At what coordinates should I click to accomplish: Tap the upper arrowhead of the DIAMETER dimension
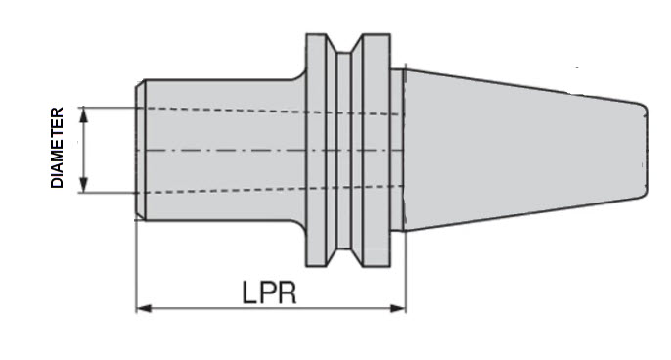click(x=83, y=112)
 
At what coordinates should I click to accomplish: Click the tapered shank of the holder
click(x=518, y=152)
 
